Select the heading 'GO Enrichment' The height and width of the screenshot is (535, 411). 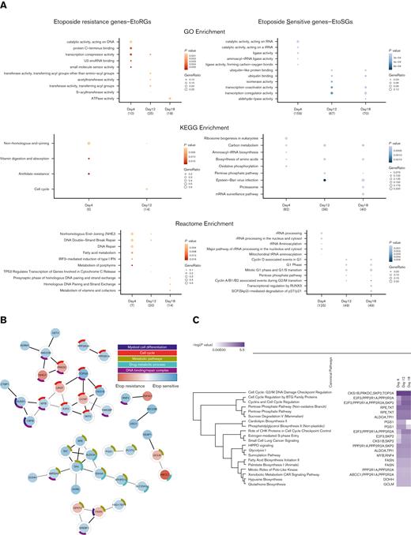click(x=204, y=26)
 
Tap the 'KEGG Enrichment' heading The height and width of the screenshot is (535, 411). click(x=204, y=126)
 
